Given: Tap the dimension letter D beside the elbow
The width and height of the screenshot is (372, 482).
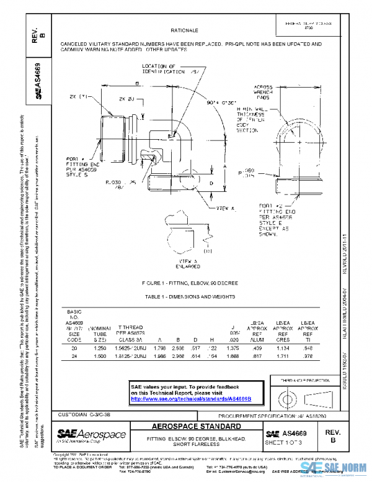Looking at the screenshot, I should (x=212, y=184).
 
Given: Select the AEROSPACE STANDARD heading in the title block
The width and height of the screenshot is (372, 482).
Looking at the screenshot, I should (x=197, y=427).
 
